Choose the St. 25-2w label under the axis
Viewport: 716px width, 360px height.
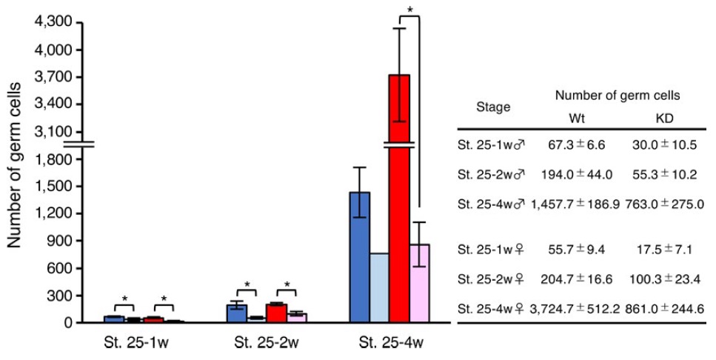coord(256,344)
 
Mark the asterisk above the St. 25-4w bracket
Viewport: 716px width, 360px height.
coord(409,10)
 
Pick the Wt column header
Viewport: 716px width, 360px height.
coord(577,119)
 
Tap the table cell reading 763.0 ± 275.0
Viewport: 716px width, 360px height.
coord(665,201)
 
